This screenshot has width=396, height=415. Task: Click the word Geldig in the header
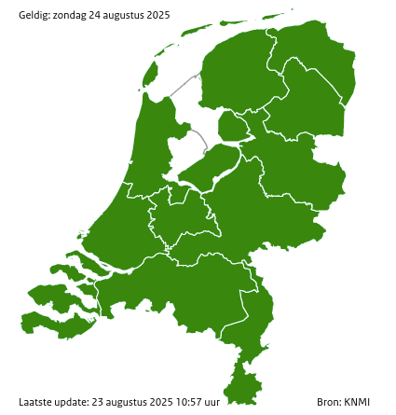(x=34, y=14)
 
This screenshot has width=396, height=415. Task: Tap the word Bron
(x=328, y=402)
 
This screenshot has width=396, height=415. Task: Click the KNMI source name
(x=357, y=402)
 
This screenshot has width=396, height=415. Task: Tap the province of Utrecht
(x=182, y=219)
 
